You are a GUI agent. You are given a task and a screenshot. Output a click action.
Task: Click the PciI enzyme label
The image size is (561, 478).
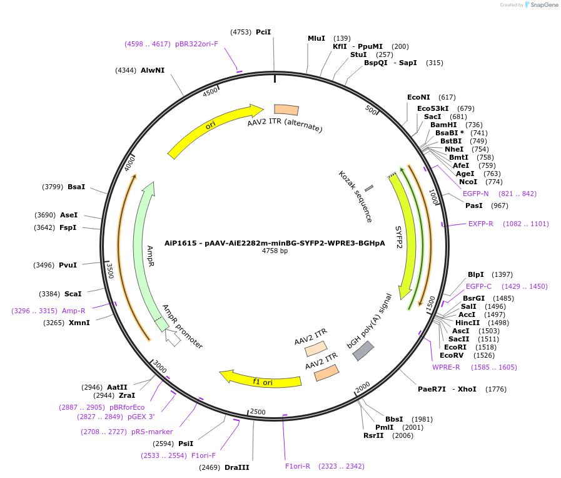[263, 31]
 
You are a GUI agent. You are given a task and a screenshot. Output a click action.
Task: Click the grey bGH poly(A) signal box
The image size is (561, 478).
[363, 350]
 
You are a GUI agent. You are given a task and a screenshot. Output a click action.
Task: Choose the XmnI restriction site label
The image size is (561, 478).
[79, 323]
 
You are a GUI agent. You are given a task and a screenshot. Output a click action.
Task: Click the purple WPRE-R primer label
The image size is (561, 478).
[446, 367]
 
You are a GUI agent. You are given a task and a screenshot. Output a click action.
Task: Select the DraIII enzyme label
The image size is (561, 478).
[236, 467]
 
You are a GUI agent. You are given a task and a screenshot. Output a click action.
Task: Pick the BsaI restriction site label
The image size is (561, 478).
[76, 187]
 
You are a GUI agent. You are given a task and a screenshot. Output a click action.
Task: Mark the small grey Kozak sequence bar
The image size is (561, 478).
[369, 187]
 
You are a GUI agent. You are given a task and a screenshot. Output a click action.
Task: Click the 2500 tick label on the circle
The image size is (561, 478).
[258, 412]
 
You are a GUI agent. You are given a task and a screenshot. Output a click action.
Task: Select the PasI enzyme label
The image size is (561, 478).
[473, 205]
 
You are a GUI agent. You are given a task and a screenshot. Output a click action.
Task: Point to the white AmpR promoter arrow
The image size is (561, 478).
[173, 339]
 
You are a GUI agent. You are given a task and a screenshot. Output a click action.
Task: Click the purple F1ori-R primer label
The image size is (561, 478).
[298, 466]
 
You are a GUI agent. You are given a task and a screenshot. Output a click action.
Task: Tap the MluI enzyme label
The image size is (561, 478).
[316, 38]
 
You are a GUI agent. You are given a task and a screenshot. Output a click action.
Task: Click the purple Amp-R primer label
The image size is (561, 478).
[73, 311]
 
